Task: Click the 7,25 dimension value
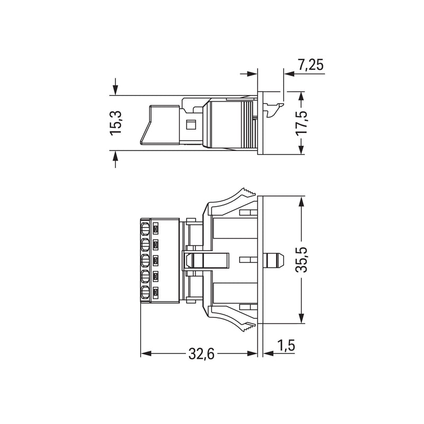311,65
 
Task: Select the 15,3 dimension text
116,123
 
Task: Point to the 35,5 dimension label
301,260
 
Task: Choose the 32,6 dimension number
201,354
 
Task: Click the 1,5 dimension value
286,346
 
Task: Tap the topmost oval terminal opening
145,229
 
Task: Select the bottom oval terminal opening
145,293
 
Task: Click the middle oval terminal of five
145,261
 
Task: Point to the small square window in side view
191,125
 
